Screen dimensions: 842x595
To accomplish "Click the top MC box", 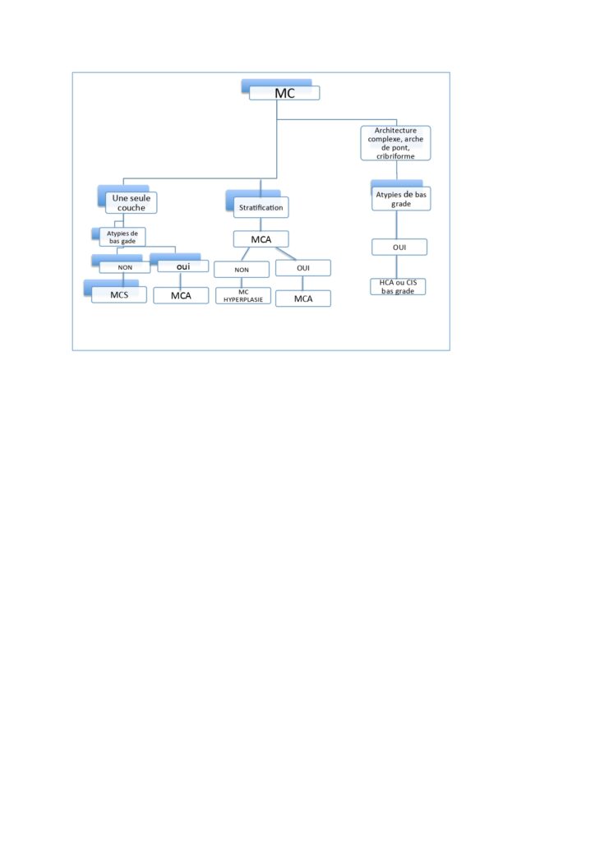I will point(284,93).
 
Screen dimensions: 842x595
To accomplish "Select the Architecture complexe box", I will point(395,143).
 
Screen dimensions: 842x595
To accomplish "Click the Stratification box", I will point(261,208).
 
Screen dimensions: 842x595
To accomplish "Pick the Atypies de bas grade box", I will point(400,198).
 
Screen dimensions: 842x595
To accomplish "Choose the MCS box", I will point(119,294).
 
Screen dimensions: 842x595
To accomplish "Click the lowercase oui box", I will point(182,266).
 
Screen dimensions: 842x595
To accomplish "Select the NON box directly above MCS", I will point(124,266).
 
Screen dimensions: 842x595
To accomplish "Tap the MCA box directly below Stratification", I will point(261,239).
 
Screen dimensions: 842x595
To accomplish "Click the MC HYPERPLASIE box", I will point(242,296).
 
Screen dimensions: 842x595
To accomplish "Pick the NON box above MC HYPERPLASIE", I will point(241,269).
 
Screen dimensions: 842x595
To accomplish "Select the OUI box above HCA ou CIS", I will point(399,248).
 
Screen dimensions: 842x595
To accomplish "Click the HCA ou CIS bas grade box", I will point(399,287).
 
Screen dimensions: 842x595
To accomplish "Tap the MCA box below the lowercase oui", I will point(182,295).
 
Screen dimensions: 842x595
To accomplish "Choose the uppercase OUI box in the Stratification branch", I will point(302,268).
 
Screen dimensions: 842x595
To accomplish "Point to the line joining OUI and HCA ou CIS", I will point(399,267).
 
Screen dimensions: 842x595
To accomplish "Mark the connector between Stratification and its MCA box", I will point(261,224).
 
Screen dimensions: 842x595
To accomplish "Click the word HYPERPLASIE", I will point(242,300).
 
